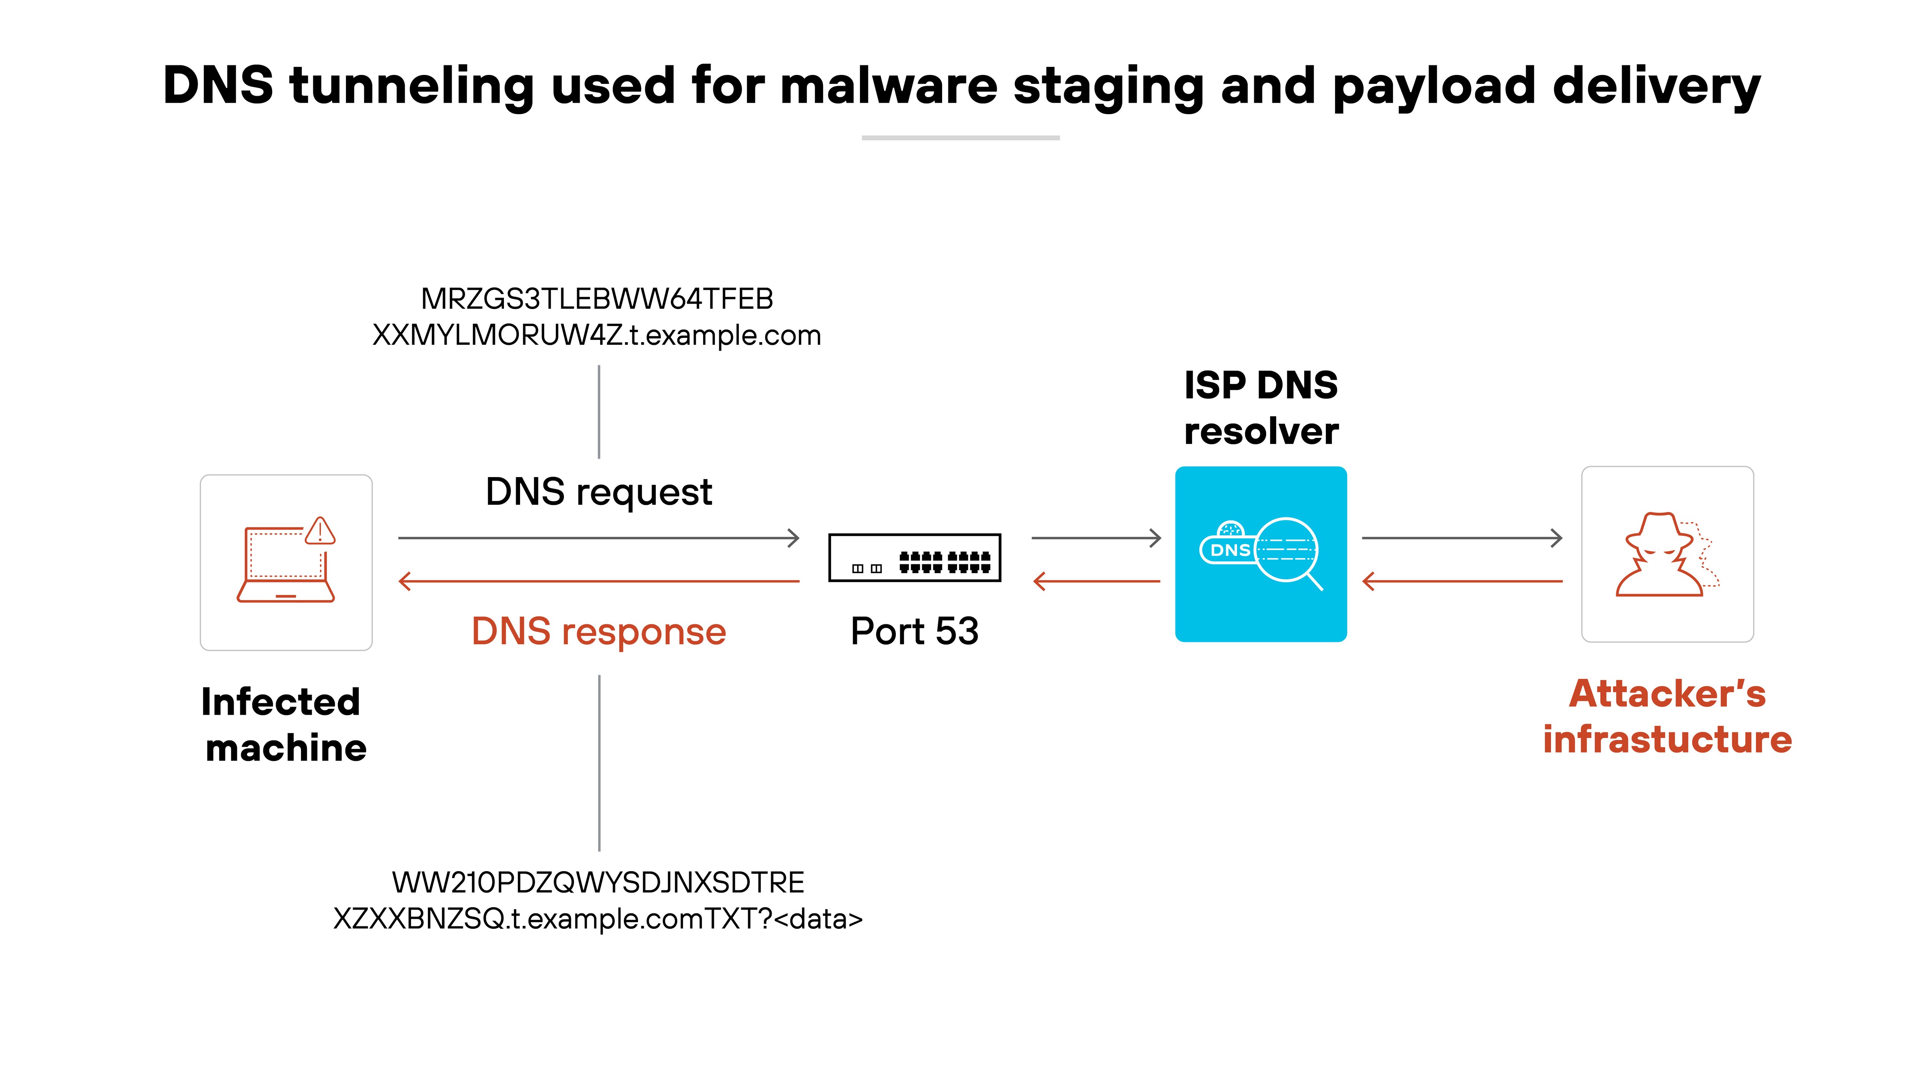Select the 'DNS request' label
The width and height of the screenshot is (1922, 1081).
[599, 492]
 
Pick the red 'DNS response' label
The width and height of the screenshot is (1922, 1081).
[599, 632]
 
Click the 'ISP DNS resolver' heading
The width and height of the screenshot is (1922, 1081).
[1261, 408]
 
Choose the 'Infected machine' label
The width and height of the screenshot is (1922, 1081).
[284, 724]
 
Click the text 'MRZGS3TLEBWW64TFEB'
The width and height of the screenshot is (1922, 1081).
[597, 299]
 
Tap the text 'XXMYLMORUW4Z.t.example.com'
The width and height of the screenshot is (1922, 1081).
[597, 336]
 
